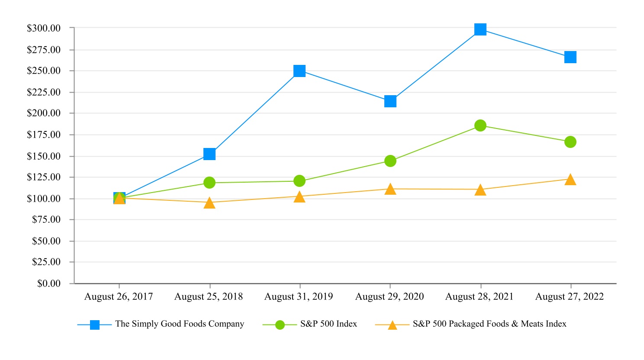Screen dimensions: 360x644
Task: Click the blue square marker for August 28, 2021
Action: coord(480,29)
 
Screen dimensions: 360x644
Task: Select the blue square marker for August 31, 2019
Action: coord(299,71)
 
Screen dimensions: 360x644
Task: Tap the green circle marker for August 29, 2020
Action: coord(390,161)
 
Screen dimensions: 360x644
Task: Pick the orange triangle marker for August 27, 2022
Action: coord(570,180)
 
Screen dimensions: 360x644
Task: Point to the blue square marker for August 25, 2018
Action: coord(209,154)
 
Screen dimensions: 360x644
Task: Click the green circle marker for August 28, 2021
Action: coord(480,125)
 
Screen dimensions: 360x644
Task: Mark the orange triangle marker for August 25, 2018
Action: coord(209,203)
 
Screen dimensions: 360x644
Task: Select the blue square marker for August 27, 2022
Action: coord(570,57)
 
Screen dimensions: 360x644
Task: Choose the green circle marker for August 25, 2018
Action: coord(209,183)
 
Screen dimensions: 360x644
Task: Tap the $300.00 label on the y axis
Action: coord(44,28)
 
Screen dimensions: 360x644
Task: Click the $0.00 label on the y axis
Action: coord(49,283)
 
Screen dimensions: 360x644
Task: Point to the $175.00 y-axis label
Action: coord(44,135)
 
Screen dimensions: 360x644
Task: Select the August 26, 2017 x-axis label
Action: coord(119,297)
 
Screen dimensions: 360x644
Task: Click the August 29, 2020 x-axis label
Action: coord(390,297)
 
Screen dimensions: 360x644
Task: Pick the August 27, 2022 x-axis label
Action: coord(570,297)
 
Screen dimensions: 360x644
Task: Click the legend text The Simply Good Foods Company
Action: coord(180,324)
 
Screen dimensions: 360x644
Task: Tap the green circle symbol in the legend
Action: coord(280,325)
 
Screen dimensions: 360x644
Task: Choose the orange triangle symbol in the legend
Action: coord(392,325)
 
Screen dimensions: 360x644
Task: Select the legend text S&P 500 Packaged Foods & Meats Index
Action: coord(489,324)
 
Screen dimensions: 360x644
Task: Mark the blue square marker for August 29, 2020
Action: coord(390,101)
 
